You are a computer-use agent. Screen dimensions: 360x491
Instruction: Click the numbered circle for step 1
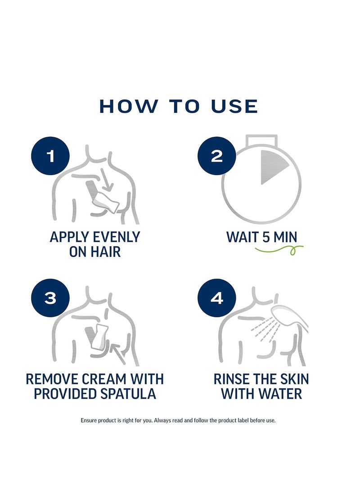tap(50, 156)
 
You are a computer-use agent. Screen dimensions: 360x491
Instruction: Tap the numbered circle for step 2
tap(216, 156)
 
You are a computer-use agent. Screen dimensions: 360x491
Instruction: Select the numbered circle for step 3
tap(50, 298)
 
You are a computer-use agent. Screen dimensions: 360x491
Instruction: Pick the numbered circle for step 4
tap(216, 298)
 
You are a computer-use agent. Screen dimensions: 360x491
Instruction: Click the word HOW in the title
tap(129, 106)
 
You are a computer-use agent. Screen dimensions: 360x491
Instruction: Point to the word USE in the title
tap(234, 106)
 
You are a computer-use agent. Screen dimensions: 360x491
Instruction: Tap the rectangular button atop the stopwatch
tap(261, 140)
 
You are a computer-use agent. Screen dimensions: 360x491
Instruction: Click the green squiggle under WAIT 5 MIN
tap(279, 250)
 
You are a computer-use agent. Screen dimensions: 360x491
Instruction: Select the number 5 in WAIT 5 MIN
tap(266, 237)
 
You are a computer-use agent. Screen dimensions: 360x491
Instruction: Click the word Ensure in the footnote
tap(89, 420)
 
